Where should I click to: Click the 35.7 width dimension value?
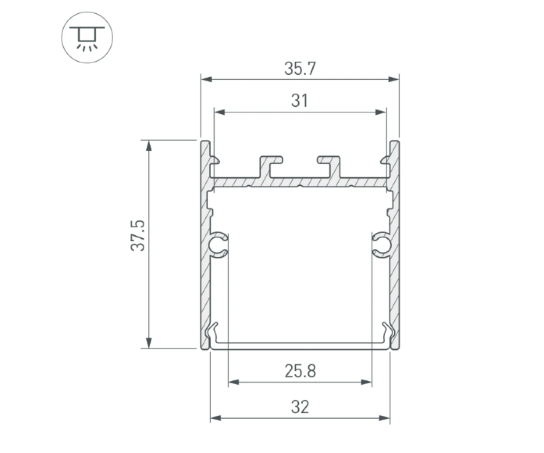tap(300, 69)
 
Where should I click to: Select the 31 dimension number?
tap(300, 102)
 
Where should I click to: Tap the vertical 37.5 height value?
tap(139, 236)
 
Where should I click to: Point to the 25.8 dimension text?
tap(300, 372)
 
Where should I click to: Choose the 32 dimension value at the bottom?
tap(300, 407)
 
